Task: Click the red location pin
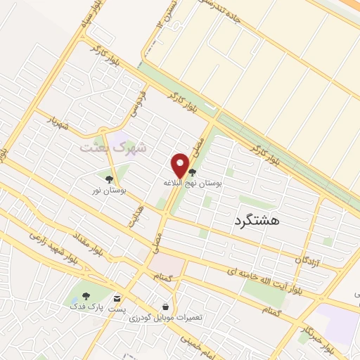click(x=181, y=166)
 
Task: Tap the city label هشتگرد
click(x=255, y=220)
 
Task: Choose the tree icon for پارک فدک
click(x=86, y=296)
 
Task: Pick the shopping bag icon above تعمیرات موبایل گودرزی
click(x=165, y=307)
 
